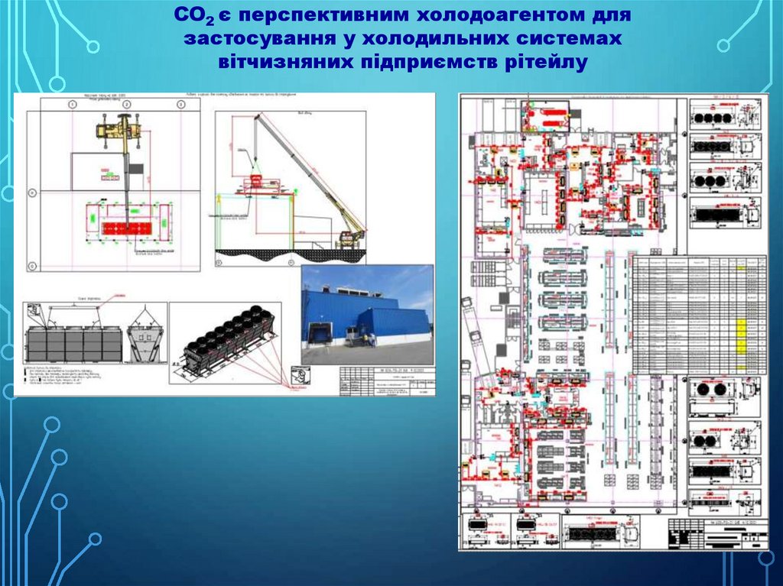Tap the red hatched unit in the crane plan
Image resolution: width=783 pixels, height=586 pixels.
pyautogui.click(x=127, y=228)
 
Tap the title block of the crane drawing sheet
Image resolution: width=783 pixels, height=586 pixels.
pyautogui.click(x=386, y=381)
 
